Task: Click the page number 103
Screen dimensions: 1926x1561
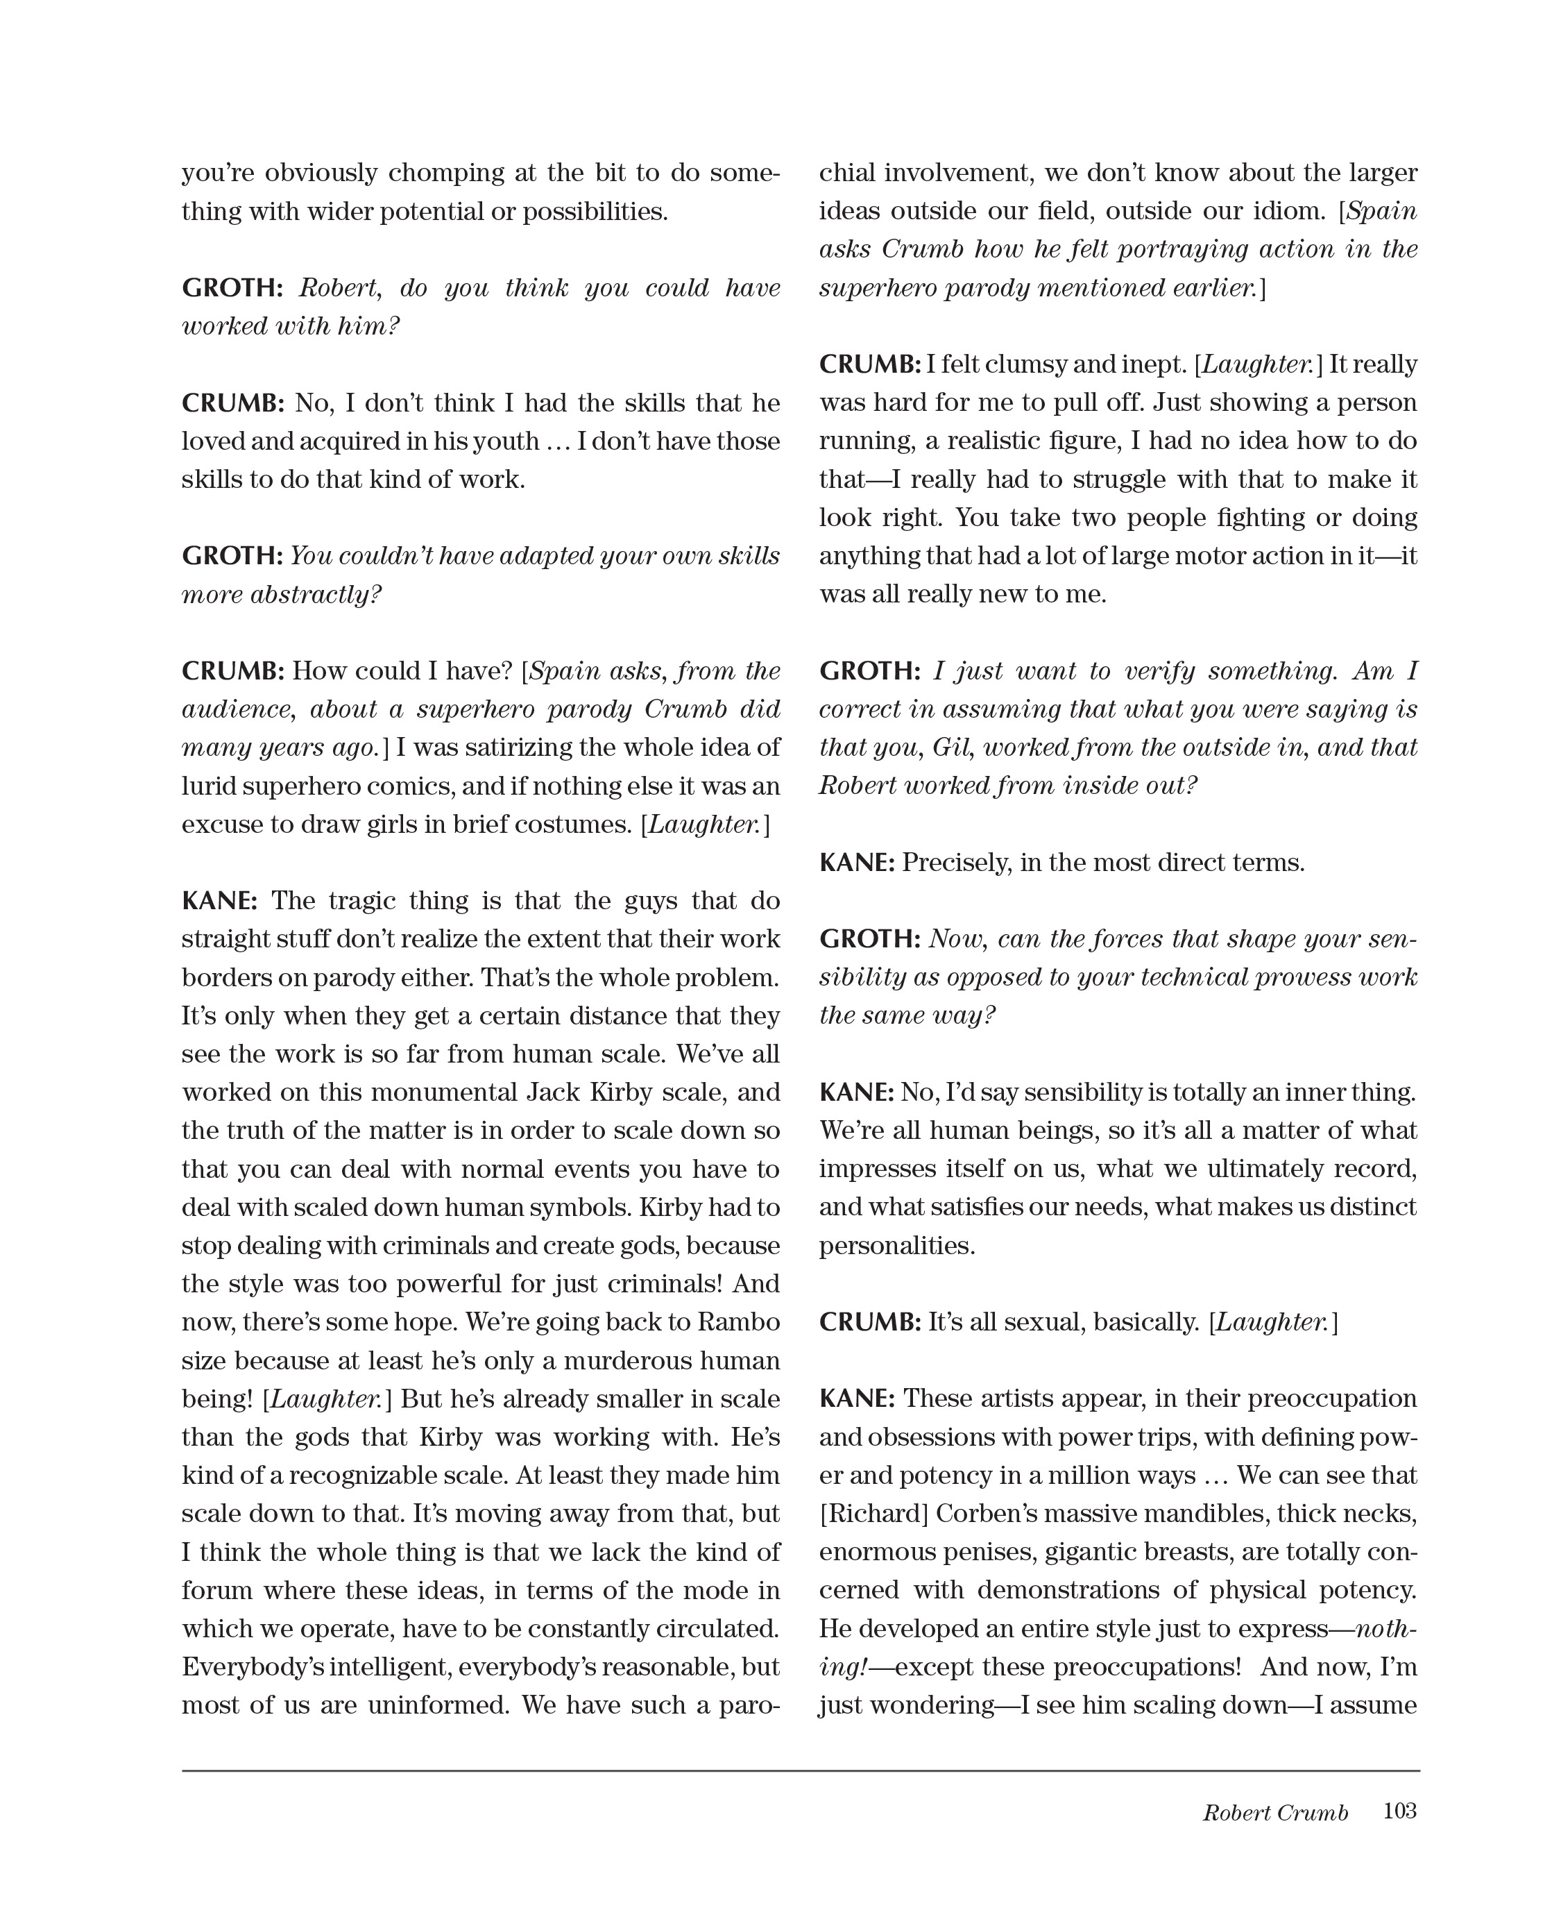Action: tap(1399, 1810)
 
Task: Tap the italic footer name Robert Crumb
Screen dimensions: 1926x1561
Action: tap(1275, 1813)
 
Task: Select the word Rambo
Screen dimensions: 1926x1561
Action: tap(739, 1322)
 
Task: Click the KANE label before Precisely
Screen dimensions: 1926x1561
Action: tap(856, 863)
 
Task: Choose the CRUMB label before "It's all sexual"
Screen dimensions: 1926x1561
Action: tap(869, 1322)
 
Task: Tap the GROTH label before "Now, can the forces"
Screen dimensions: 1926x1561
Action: tap(869, 939)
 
